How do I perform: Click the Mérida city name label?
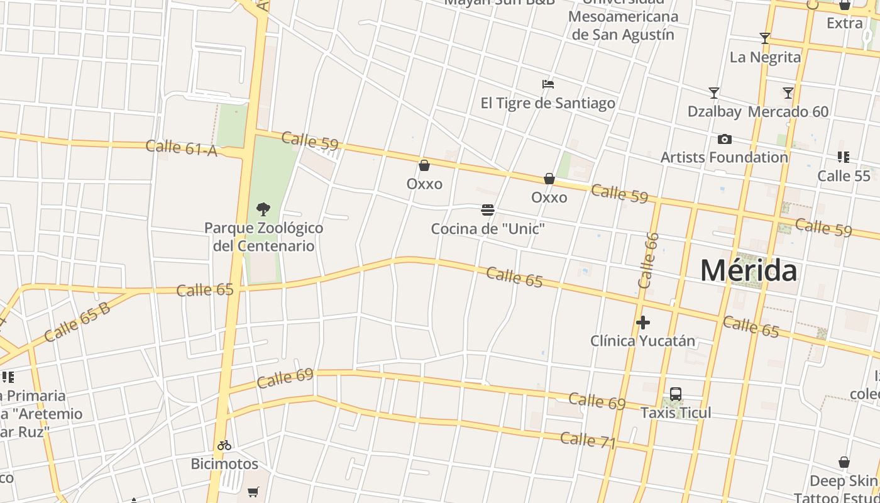pos(749,270)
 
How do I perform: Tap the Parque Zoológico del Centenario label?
pos(264,236)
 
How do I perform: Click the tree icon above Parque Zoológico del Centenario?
pos(263,209)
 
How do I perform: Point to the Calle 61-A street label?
pos(181,148)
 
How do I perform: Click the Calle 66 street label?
pos(648,260)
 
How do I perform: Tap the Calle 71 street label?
pos(588,440)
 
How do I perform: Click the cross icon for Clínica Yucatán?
pos(642,323)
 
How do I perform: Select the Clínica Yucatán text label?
pos(642,341)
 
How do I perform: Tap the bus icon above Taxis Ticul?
pos(676,394)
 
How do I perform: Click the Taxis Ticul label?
pos(676,412)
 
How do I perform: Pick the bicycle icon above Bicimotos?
pos(224,445)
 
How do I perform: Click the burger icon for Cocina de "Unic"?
pos(488,210)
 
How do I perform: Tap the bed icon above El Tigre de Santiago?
pos(548,84)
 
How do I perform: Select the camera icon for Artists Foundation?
pos(724,139)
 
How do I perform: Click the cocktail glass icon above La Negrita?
pos(765,38)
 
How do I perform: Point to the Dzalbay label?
pos(714,111)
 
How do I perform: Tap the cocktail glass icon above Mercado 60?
pos(788,93)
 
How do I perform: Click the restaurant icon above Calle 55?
pos(844,157)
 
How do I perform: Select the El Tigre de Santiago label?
pos(548,103)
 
